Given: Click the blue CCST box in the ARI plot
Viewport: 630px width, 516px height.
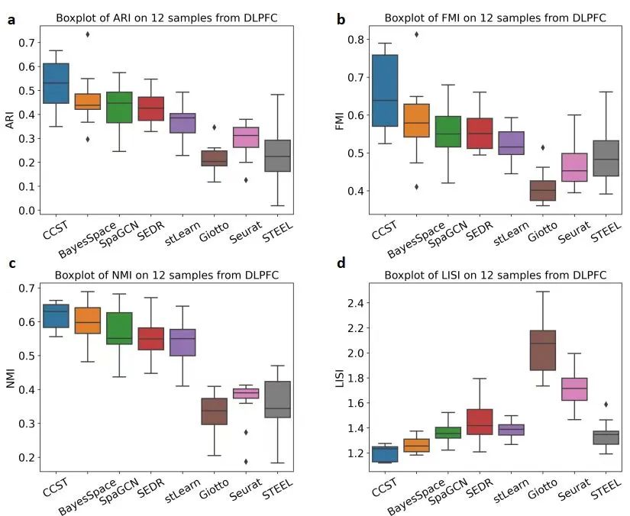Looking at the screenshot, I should [56, 83].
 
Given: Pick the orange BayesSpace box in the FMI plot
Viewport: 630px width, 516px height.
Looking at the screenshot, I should [416, 120].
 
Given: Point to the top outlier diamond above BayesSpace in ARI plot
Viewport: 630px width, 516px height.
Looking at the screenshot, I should [87, 34].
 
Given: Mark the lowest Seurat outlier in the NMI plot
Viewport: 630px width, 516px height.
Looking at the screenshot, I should [246, 461].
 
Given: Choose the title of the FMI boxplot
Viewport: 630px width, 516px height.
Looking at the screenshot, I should [496, 18].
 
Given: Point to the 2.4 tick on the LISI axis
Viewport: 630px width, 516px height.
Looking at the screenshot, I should [354, 303].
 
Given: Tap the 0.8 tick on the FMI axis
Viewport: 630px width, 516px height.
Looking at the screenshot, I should [354, 39].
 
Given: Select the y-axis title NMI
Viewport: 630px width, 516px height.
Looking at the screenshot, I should [10, 377].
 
